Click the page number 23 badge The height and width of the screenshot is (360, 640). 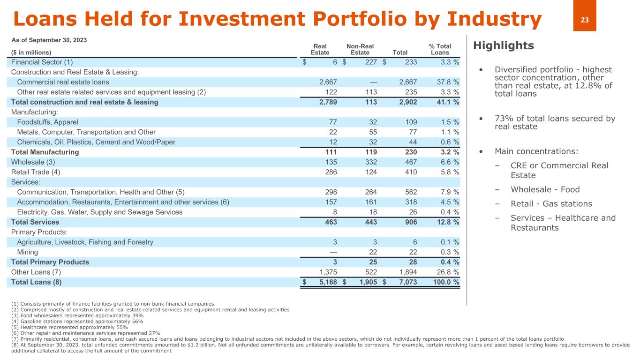pos(585,20)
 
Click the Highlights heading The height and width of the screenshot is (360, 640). pos(504,45)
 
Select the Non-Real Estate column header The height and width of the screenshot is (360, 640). pos(360,49)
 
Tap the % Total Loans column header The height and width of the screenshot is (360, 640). pos(440,49)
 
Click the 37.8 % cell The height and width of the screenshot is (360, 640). pos(445,82)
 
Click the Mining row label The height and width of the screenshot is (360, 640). pos(28,252)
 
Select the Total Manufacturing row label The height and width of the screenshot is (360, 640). pos(45,152)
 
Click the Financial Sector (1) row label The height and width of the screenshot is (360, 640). pos(42,62)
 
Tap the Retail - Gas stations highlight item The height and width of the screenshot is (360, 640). pos(551,204)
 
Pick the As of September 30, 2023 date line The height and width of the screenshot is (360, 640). pos(49,40)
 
